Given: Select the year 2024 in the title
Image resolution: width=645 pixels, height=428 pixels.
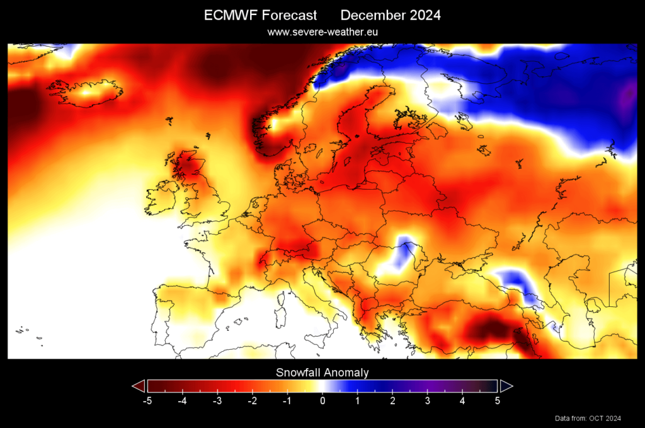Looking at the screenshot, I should point(422,16).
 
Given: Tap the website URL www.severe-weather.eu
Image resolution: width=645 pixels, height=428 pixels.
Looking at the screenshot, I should point(322,32).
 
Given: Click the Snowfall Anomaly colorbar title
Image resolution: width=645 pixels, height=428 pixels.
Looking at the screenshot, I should point(322,373).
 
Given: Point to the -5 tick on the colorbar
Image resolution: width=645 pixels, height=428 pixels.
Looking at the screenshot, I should point(147,400).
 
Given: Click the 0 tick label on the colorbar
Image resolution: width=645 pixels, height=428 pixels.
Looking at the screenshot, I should point(322,400).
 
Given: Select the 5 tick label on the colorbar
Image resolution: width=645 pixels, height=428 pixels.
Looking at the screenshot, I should point(498,400).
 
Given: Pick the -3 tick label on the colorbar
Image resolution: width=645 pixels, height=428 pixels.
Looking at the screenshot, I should point(217,400).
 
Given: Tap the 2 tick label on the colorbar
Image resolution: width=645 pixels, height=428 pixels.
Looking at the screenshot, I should point(392,400).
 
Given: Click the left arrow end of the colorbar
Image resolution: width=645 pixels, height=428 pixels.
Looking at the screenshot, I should point(138,386).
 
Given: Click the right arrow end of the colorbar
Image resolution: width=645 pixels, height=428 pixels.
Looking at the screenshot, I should point(506,386).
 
